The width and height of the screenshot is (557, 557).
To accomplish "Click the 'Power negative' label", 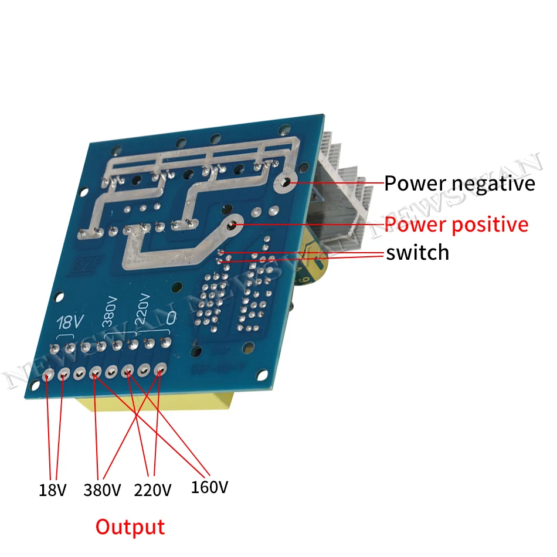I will click(460, 184).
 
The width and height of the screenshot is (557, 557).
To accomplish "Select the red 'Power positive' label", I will click(456, 224).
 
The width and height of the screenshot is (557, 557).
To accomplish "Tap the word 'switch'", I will click(417, 252).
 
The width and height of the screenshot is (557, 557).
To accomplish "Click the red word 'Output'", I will click(130, 527).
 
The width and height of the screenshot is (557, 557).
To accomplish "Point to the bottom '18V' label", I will click(52, 489).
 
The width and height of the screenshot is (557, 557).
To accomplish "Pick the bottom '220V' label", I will click(153, 489).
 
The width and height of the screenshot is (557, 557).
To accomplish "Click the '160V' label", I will click(209, 487).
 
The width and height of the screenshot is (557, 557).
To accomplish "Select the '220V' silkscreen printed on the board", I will click(142, 308).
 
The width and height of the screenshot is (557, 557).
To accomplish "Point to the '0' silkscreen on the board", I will click(171, 317).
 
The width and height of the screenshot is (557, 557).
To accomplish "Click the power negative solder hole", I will click(286, 183).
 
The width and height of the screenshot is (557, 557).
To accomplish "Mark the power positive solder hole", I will click(233, 224).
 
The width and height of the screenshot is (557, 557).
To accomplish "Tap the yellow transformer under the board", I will click(158, 405).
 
